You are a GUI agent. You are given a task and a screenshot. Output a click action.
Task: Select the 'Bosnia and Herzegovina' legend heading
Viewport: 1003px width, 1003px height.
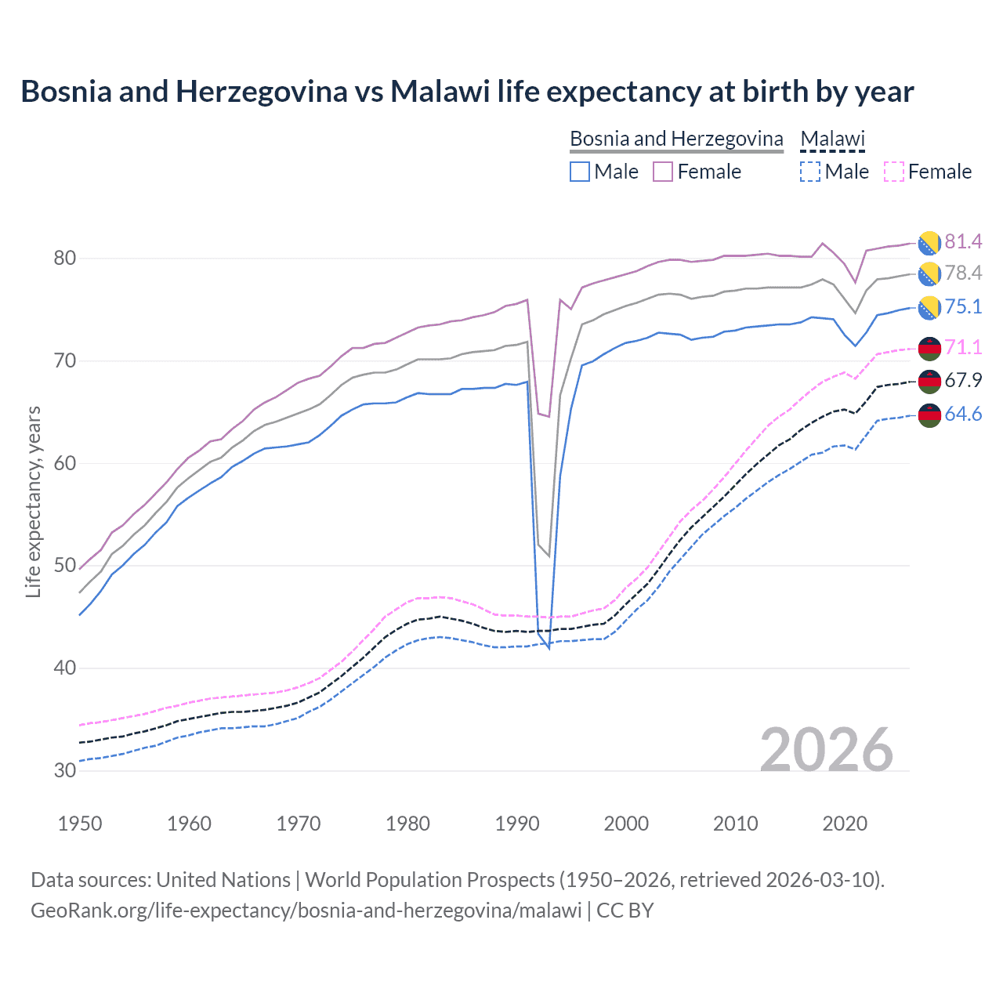pyautogui.click(x=676, y=139)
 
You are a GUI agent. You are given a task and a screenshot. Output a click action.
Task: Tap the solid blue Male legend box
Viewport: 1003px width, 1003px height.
pyautogui.click(x=580, y=172)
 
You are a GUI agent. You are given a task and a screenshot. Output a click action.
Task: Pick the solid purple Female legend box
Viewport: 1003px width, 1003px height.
pyautogui.click(x=663, y=172)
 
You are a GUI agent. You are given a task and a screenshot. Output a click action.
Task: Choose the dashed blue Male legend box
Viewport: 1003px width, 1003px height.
pyautogui.click(x=810, y=172)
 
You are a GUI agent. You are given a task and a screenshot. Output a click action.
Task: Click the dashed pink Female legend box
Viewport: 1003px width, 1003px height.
pyautogui.click(x=893, y=172)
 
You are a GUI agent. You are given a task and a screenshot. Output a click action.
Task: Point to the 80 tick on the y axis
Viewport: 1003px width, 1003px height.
pyautogui.click(x=65, y=258)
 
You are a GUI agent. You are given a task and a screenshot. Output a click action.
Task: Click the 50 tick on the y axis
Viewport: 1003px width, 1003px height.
pyautogui.click(x=65, y=566)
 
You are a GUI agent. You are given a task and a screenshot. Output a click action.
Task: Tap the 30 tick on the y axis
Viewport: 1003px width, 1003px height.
pyautogui.click(x=65, y=770)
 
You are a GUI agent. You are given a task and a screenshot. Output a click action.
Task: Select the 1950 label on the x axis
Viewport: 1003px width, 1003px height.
pyautogui.click(x=80, y=824)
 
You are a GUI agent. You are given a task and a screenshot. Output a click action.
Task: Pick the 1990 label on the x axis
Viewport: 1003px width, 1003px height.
pyautogui.click(x=517, y=824)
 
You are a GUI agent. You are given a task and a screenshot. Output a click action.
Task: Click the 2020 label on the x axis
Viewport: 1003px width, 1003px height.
pyautogui.click(x=845, y=824)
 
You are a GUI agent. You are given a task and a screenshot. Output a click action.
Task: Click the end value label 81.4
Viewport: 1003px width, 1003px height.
pyautogui.click(x=963, y=241)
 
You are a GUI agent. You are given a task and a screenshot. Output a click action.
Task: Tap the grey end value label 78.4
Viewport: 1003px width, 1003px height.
pyautogui.click(x=963, y=273)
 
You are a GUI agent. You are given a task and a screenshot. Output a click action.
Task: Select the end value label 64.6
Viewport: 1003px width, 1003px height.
pyautogui.click(x=963, y=414)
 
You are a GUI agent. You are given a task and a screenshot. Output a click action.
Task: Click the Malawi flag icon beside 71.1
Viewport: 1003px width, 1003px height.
pyautogui.click(x=929, y=348)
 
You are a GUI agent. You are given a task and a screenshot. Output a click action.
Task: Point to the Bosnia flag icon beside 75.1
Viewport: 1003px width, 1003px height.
pyautogui.click(x=929, y=307)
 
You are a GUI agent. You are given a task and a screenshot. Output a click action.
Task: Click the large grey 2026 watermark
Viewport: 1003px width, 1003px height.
pyautogui.click(x=827, y=750)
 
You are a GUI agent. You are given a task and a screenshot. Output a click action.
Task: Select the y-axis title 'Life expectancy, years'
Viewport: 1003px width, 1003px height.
pyautogui.click(x=33, y=501)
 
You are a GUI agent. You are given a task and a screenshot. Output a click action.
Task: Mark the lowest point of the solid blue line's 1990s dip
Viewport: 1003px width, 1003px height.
pyautogui.click(x=549, y=648)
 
